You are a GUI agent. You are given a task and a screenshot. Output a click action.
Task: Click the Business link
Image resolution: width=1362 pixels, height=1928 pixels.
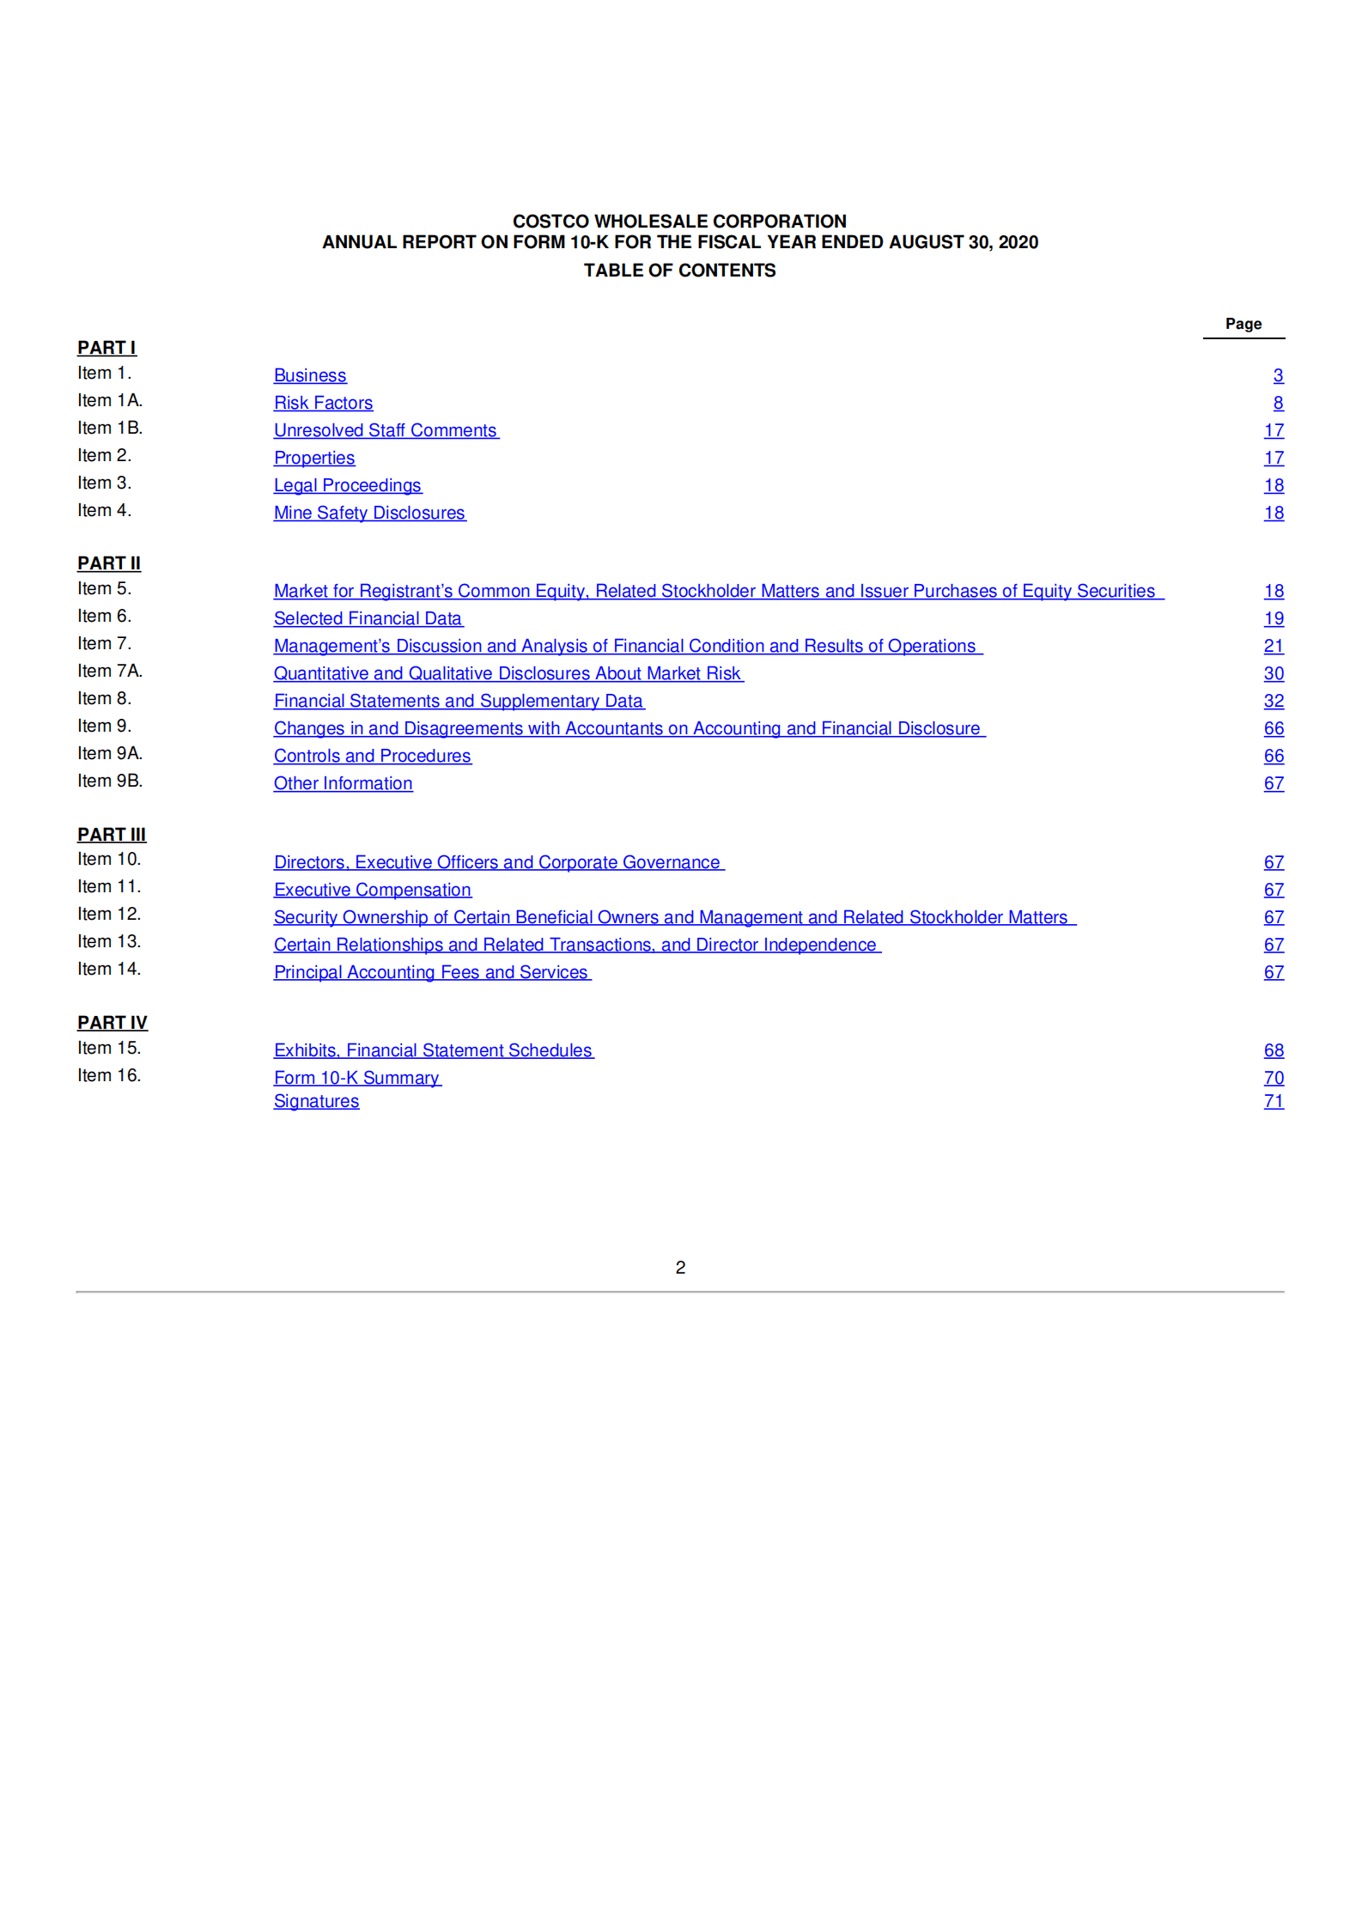(310, 375)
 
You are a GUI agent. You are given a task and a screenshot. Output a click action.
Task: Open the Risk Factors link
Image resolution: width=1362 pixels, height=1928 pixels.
(323, 403)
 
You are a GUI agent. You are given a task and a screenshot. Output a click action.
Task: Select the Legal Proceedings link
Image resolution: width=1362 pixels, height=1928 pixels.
(347, 485)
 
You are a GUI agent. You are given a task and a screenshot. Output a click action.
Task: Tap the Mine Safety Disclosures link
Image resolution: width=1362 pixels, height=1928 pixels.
(369, 513)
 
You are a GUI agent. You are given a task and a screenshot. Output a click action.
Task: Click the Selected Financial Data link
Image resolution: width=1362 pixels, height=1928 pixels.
(368, 618)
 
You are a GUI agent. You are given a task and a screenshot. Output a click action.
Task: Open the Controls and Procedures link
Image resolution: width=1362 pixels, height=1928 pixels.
(372, 756)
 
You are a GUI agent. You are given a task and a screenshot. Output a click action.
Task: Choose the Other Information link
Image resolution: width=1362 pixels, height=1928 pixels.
(343, 783)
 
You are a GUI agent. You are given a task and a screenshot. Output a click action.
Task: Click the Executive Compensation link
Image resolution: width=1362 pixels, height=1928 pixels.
(372, 890)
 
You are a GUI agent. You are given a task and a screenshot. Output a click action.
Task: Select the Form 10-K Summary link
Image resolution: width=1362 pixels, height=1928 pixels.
(356, 1078)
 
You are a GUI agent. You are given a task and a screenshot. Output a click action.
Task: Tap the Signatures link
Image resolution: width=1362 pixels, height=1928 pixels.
(316, 1101)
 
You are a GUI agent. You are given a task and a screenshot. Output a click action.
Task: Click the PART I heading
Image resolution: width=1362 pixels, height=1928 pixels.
(106, 348)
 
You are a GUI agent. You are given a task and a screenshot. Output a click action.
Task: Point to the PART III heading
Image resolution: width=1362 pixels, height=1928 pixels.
(112, 835)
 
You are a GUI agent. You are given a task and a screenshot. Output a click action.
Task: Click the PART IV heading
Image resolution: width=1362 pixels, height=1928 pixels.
(112, 1023)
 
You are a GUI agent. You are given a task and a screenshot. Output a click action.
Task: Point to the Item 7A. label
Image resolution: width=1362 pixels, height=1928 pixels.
(110, 671)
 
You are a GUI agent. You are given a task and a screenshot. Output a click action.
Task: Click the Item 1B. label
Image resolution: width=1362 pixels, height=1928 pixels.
(110, 428)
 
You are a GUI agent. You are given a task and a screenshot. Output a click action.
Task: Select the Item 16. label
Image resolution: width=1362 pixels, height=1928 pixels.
(109, 1075)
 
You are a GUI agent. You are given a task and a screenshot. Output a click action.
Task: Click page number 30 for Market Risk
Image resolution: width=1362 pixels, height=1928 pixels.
(1274, 673)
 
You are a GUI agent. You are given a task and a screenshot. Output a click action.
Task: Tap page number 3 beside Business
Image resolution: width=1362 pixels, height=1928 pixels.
(1278, 375)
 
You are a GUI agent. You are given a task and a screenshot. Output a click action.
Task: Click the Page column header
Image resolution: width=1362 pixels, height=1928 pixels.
(1243, 324)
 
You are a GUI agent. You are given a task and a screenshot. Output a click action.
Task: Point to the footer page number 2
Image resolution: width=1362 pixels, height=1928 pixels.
(680, 1268)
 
